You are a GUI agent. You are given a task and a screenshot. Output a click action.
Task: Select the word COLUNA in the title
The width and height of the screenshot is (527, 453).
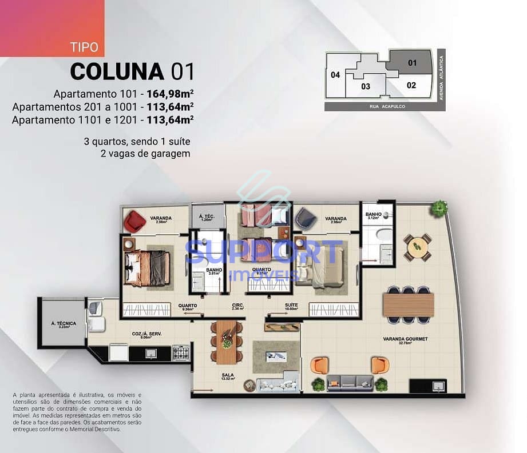(117, 71)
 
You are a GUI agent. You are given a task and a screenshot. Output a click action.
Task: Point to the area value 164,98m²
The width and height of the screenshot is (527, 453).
(170, 94)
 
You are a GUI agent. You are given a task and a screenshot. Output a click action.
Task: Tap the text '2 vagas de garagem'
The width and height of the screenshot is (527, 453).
(145, 153)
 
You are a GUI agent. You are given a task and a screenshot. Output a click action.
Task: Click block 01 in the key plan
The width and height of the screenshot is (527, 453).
(413, 63)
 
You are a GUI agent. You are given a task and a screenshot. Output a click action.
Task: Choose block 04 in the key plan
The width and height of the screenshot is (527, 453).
(335, 75)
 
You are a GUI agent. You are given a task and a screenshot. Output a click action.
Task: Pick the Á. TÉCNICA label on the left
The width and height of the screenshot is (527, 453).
(64, 324)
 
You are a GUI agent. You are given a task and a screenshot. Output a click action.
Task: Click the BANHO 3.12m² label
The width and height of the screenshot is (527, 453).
(374, 216)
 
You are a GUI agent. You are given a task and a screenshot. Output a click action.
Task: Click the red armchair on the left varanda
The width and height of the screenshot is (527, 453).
(135, 221)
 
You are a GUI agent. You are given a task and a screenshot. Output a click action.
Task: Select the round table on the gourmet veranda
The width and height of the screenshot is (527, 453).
(417, 247)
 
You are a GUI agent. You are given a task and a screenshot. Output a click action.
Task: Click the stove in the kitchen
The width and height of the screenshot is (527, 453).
(180, 352)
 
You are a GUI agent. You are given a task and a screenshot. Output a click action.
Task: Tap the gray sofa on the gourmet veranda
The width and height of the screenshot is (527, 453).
(350, 383)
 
